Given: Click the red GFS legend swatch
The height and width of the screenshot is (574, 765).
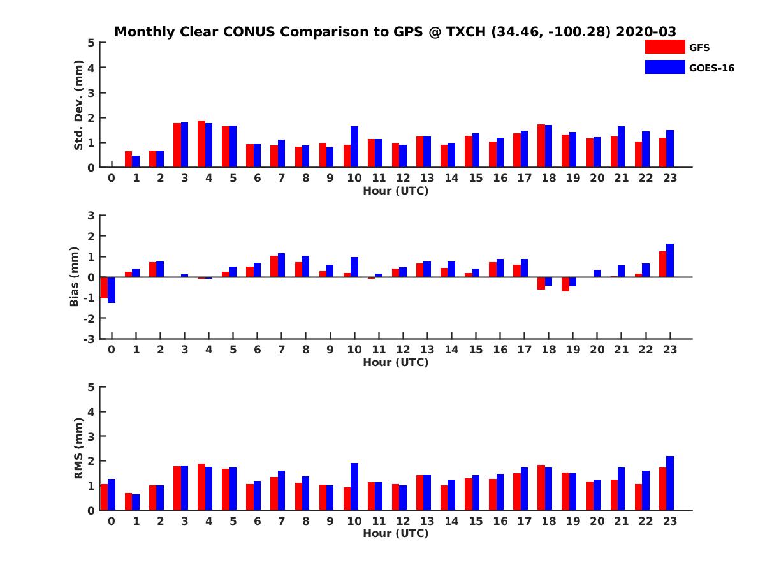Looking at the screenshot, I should click(664, 47).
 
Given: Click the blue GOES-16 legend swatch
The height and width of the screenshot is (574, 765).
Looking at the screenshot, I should click(664, 67).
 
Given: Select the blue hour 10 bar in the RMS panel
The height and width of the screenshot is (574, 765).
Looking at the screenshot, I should click(354, 487).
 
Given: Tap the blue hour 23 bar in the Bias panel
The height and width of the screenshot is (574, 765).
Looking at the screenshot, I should click(670, 260).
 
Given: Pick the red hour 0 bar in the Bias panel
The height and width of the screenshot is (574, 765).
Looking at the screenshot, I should click(104, 288).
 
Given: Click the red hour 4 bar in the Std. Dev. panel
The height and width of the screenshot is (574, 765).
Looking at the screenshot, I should click(201, 144).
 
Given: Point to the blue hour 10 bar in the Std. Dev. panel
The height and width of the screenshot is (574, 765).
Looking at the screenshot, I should click(354, 147).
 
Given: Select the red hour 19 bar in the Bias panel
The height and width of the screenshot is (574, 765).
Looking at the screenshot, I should click(565, 284).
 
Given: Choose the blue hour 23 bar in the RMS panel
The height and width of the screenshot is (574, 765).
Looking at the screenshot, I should click(670, 483).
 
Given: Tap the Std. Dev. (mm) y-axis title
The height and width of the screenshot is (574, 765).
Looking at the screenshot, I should click(78, 105).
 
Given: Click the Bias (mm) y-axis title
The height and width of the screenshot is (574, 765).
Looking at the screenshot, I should click(75, 277).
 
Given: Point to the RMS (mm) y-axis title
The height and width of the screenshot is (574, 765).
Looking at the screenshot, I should click(78, 449).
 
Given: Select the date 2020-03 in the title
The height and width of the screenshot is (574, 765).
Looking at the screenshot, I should click(646, 32).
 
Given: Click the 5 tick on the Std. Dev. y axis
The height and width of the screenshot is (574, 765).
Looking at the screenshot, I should click(92, 43).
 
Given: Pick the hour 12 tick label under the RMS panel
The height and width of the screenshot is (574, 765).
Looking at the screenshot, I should click(403, 520).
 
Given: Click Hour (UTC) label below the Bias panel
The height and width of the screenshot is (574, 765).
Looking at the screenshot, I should click(395, 362).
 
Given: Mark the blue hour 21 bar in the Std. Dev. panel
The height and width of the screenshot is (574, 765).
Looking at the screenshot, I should click(622, 147).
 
